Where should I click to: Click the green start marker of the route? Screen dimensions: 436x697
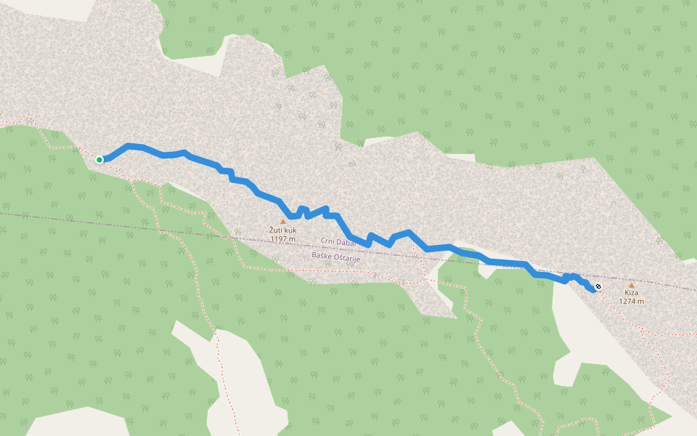pos(99,160)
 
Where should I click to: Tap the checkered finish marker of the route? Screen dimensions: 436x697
pos(598,287)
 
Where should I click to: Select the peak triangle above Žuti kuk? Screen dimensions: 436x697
pos(283,222)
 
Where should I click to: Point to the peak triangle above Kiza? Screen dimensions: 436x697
pos(631,285)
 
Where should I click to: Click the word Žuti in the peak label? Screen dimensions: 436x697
pos(277,230)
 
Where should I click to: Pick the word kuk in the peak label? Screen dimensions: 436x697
pos(290,230)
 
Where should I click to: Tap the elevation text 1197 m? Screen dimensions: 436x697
pos(283,238)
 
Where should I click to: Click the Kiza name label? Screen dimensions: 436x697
pos(631,293)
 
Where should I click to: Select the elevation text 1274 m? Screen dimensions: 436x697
pos(631,302)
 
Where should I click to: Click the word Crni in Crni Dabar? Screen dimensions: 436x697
pos(329,241)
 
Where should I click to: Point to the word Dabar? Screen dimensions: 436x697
pos(350,241)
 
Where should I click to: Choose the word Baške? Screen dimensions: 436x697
pos(322,256)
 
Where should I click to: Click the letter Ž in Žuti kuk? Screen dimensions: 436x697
pos(272,230)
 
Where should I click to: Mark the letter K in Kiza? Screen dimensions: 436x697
pos(626,293)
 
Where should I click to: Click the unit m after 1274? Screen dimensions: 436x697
pos(641,302)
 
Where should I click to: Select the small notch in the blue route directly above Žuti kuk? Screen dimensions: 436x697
pos(302,210)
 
